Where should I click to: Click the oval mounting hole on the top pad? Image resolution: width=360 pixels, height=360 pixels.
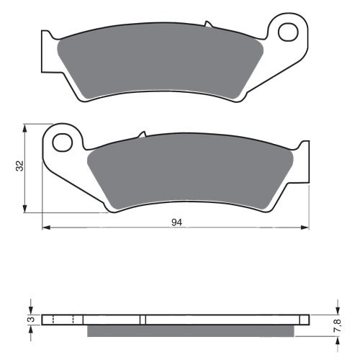[x=289, y=32]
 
